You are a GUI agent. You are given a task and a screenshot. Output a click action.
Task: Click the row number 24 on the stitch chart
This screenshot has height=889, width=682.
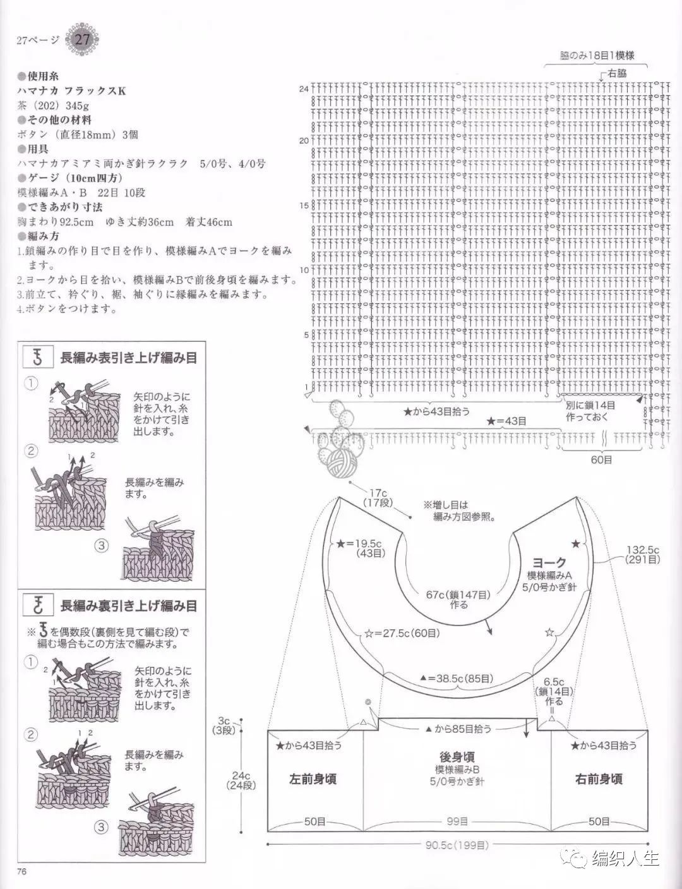(304, 89)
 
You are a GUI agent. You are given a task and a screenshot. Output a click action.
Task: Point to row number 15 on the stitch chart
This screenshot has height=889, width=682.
(304, 205)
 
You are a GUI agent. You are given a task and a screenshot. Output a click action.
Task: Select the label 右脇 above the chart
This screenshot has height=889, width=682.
(618, 73)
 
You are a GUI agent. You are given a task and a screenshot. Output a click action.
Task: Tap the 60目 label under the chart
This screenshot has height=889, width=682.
(601, 460)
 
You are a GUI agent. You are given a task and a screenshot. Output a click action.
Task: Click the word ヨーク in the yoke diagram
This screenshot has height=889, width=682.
(549, 562)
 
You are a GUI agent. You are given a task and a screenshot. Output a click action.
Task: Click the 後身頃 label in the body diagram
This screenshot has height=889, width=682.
(457, 757)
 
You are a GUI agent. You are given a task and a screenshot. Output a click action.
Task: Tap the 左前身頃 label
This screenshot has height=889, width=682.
(313, 779)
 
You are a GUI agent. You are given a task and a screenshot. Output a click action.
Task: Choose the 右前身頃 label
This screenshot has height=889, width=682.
(599, 779)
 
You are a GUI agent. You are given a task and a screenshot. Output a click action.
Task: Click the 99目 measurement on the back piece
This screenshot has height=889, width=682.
(457, 821)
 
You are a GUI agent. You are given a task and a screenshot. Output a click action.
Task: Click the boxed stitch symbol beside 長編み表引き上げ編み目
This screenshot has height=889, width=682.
(37, 357)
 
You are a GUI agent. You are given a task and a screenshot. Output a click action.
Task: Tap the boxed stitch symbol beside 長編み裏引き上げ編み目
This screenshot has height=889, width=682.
(37, 605)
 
